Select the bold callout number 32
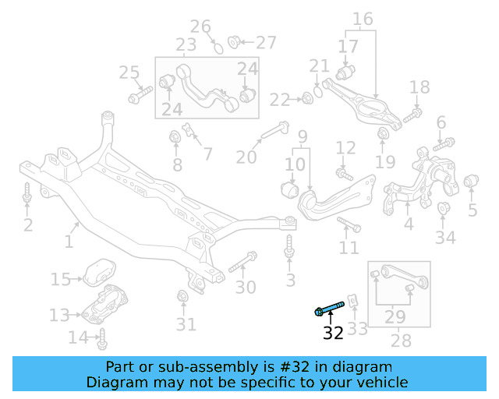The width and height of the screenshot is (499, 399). [333, 334]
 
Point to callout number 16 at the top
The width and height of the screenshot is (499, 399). [363, 19]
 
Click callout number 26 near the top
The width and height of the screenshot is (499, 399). [201, 27]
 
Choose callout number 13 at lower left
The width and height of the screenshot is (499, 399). [59, 315]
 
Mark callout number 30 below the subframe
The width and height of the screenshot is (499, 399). [246, 288]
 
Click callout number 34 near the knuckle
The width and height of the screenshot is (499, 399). [445, 238]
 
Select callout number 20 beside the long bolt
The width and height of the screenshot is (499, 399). [246, 157]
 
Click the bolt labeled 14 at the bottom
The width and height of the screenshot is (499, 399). [102, 339]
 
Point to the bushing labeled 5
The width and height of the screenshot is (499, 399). [471, 183]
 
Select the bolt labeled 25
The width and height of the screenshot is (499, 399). [141, 97]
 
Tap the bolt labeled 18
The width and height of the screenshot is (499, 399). [413, 115]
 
